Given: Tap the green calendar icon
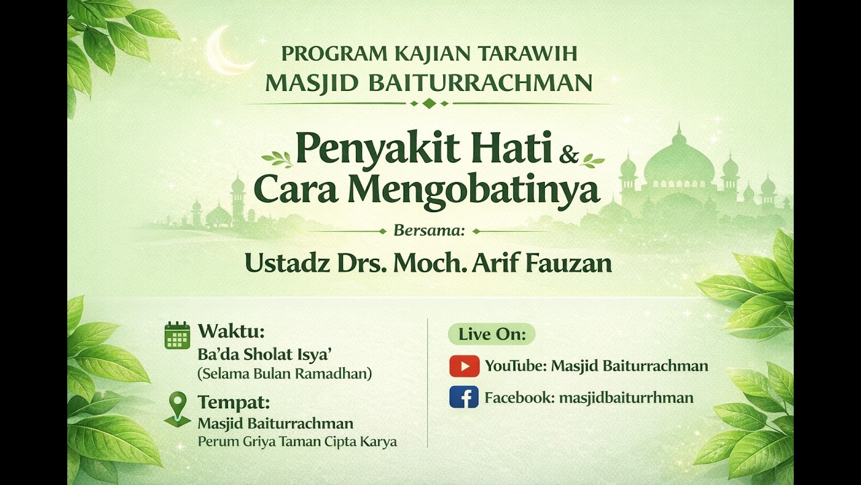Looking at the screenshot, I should [177, 335].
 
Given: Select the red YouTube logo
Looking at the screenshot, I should [464, 366].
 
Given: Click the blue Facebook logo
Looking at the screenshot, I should [464, 397].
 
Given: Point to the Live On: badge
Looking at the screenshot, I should [491, 334].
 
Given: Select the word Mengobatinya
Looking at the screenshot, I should [473, 190].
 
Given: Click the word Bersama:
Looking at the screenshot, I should [429, 231].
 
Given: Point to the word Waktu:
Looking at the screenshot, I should [231, 331].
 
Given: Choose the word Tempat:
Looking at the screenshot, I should [233, 403].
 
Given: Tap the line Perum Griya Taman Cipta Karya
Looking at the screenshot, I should [297, 442].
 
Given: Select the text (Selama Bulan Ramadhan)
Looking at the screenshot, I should [284, 373].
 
